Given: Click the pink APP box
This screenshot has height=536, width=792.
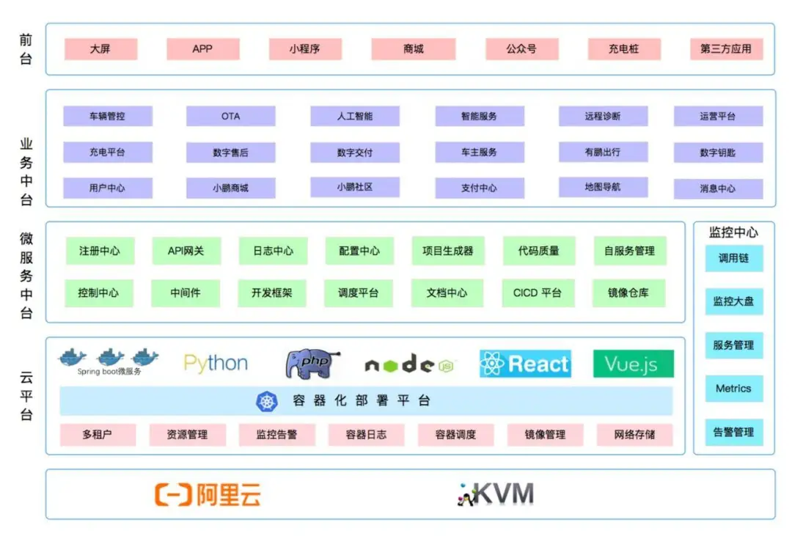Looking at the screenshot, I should [x=202, y=49].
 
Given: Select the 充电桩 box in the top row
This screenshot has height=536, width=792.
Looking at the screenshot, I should [x=623, y=49].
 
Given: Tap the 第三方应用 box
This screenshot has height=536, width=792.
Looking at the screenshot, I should [x=726, y=49].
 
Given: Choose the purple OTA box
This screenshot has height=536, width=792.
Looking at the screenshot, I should [x=230, y=116].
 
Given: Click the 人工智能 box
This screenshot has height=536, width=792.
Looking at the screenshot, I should [x=355, y=116].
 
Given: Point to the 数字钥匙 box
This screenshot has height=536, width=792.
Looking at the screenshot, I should [x=718, y=153].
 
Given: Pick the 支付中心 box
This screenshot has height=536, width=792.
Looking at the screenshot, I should [x=479, y=188].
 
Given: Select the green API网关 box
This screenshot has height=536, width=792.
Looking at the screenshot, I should [x=186, y=251].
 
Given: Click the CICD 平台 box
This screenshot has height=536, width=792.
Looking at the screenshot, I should [x=538, y=293].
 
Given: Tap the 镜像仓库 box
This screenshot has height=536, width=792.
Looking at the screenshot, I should [x=628, y=293].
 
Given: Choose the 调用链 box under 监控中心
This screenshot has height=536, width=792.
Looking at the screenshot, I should [x=733, y=259].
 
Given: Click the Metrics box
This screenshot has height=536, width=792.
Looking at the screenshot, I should [x=733, y=389].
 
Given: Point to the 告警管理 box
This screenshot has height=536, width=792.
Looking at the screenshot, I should [x=733, y=432].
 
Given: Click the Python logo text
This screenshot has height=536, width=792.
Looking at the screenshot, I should [x=216, y=364].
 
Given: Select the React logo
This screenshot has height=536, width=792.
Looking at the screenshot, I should [x=525, y=364].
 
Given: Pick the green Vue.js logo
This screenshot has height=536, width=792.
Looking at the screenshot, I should [x=633, y=364].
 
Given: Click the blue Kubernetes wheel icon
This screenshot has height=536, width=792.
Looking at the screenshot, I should [x=267, y=401].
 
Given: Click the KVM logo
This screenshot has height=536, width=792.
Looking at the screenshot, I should [x=495, y=494].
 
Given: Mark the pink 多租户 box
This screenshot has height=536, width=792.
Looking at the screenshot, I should [x=98, y=434].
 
